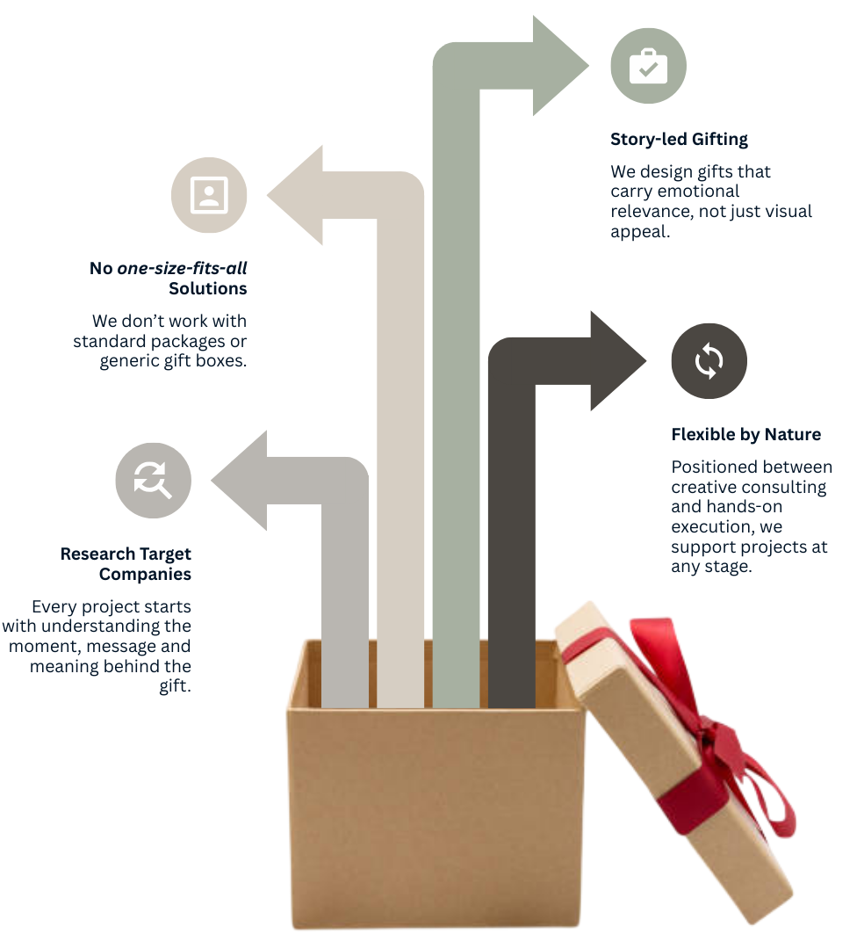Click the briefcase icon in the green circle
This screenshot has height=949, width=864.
point(648,66)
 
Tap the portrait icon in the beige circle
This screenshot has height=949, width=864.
point(209,195)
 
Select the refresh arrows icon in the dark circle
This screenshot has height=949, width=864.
point(709,360)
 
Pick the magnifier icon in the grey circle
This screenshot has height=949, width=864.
point(154,481)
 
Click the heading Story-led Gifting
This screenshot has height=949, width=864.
point(679,139)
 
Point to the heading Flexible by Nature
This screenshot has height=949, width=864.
point(745,434)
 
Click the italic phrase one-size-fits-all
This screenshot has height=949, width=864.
point(182,268)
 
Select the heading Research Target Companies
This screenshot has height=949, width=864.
point(126,564)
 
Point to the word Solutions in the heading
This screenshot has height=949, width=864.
point(208,288)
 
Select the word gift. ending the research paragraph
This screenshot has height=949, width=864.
point(175,686)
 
